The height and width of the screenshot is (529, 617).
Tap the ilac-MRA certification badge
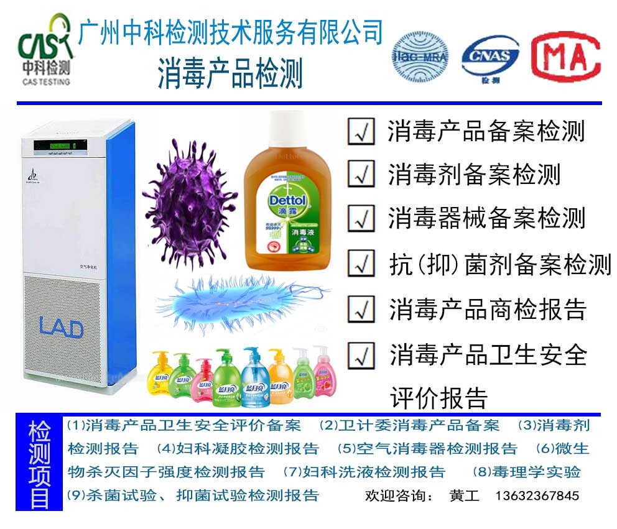[x=420, y=58]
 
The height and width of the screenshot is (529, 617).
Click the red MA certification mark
[x=565, y=57]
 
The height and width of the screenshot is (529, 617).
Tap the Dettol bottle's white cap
[x=287, y=131]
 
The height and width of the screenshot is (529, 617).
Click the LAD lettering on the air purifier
[x=61, y=327]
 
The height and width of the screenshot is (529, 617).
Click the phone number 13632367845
[x=537, y=496]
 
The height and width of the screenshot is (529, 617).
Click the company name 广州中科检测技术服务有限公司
[x=230, y=32]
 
